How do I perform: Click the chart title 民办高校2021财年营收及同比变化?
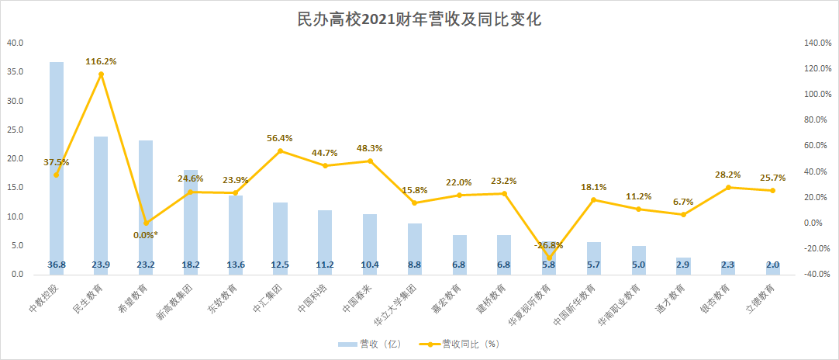coord(419,19)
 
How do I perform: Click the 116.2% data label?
coord(101,60)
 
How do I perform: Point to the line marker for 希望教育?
coord(146,223)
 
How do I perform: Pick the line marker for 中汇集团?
coord(281,151)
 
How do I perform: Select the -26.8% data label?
coord(549,245)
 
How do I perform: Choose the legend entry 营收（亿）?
coord(371,344)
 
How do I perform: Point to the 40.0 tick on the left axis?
coord(16,43)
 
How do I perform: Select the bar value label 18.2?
coord(191,265)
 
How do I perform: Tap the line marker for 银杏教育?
coord(728,187)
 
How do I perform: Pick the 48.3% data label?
coord(369,147)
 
